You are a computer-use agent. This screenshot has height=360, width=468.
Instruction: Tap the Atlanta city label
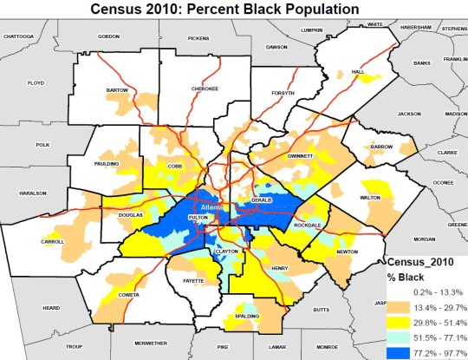click(x=211, y=208)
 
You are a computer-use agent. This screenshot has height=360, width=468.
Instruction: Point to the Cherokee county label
click(x=205, y=88)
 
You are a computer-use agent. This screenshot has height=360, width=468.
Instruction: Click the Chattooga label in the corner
click(x=23, y=36)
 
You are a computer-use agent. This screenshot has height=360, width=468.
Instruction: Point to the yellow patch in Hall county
click(x=371, y=79)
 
